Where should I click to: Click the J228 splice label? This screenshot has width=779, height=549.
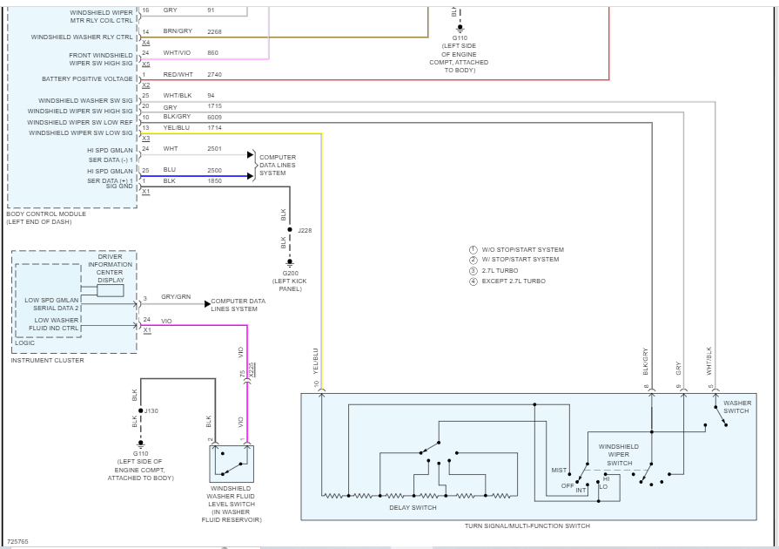click(x=305, y=231)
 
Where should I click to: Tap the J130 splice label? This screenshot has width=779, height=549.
click(x=151, y=410)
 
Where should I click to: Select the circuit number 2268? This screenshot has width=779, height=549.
click(x=214, y=31)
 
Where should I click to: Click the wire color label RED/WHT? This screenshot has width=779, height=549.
click(x=178, y=75)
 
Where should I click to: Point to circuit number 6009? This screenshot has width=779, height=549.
click(x=214, y=117)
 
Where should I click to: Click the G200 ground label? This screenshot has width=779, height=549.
click(x=289, y=272)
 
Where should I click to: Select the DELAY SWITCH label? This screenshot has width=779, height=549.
click(x=413, y=507)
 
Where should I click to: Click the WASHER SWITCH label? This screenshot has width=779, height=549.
click(x=737, y=407)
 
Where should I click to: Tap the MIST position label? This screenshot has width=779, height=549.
click(x=559, y=471)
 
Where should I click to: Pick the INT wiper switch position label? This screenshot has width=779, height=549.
click(x=581, y=490)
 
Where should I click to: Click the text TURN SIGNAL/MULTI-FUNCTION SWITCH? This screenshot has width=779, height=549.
click(x=527, y=526)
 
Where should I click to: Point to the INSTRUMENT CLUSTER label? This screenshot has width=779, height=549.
click(x=48, y=360)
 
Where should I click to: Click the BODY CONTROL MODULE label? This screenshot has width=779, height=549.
click(x=46, y=214)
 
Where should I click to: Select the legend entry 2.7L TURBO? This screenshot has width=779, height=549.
click(x=506, y=270)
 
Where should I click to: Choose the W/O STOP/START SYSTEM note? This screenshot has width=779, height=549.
click(x=522, y=250)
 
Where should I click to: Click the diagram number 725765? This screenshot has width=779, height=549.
click(x=17, y=541)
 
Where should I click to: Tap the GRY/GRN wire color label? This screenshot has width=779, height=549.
click(x=176, y=297)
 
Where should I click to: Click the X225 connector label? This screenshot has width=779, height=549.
click(x=252, y=369)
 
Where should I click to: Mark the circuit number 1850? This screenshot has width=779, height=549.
click(x=214, y=180)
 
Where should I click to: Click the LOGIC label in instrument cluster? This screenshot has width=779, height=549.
click(x=25, y=342)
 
